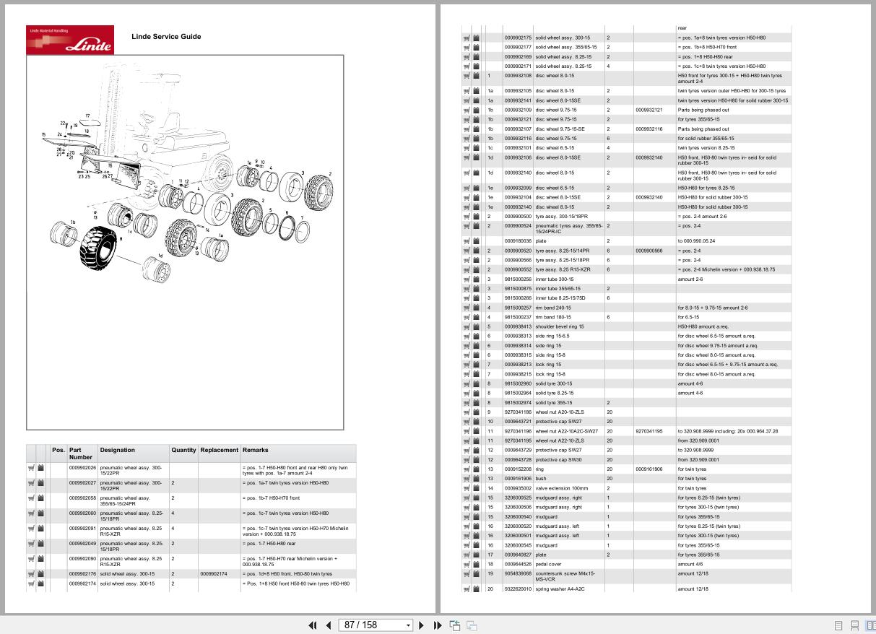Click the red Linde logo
[70, 40]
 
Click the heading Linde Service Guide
[166, 37]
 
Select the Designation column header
[117, 450]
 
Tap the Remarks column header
[255, 450]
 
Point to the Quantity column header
[183, 450]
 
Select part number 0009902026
[82, 468]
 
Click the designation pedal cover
[548, 565]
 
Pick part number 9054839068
[518, 573]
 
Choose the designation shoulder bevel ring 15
[560, 326]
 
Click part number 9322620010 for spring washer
[518, 589]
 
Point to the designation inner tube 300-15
[555, 279]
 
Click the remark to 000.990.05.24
[696, 241]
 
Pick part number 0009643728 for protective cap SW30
[518, 459]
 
